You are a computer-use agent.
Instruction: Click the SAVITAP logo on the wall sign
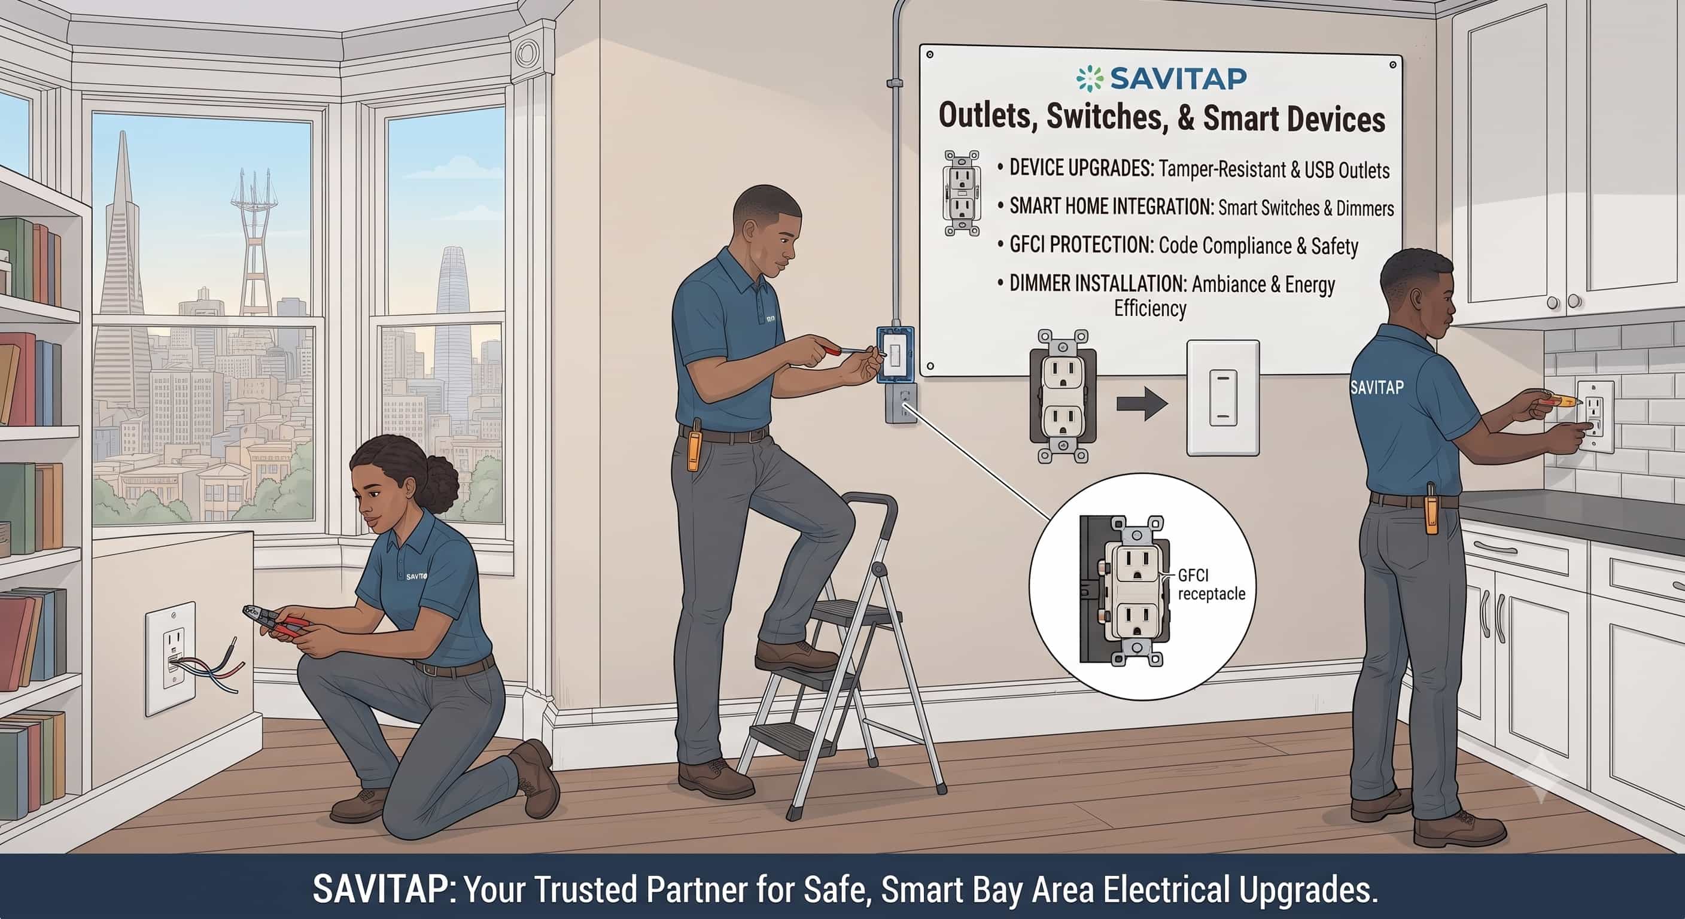[x=1161, y=78]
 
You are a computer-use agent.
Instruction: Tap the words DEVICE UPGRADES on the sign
[x=1081, y=168]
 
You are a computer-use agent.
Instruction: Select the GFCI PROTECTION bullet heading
[x=1081, y=245]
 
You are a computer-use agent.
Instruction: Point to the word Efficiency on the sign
[x=1150, y=308]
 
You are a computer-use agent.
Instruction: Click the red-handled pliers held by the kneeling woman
[x=278, y=623]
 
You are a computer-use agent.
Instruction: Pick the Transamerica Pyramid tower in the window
[x=123, y=261]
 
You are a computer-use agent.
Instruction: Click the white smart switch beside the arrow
[x=1222, y=398]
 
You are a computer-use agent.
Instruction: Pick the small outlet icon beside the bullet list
[x=961, y=193]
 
